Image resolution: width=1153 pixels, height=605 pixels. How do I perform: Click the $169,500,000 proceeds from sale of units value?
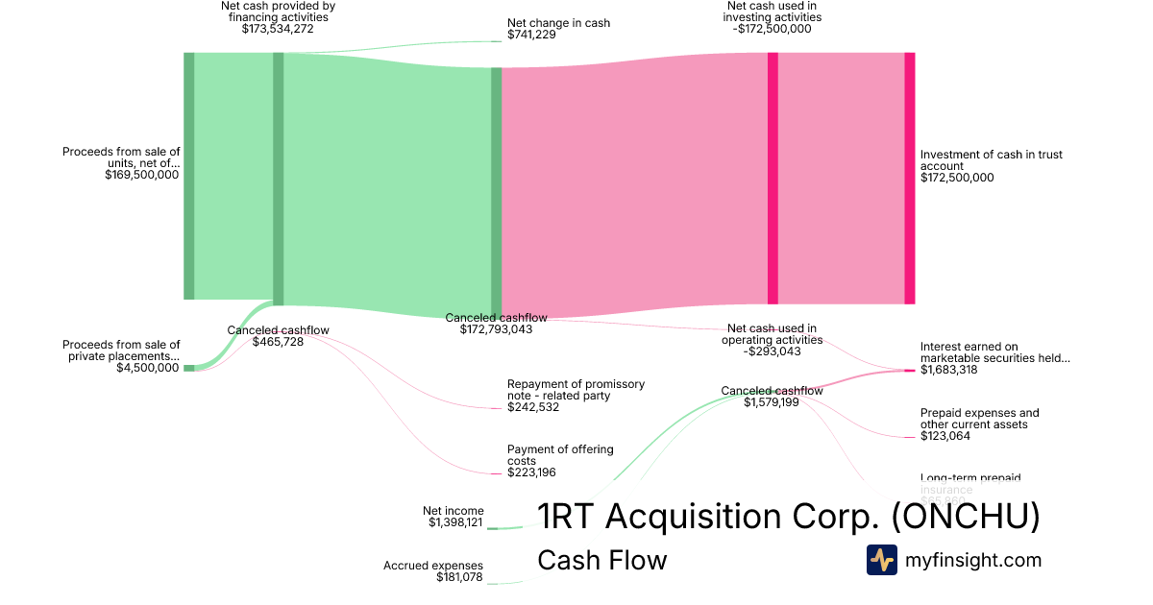(x=141, y=175)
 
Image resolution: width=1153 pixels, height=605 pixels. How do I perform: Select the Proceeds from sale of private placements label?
(x=121, y=351)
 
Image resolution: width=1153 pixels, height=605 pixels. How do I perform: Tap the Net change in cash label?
(x=558, y=23)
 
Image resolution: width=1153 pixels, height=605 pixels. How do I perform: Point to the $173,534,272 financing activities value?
(x=278, y=29)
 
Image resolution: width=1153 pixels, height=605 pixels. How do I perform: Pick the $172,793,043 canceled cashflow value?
(x=496, y=329)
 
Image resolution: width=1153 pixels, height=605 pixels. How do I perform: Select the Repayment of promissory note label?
(x=576, y=389)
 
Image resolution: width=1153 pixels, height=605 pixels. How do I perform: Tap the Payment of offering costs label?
(x=560, y=454)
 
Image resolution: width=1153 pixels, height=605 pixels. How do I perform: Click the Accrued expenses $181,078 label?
(x=433, y=571)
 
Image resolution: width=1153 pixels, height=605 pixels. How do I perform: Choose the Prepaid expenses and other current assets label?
(x=979, y=419)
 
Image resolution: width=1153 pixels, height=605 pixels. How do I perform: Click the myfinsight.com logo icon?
(x=881, y=560)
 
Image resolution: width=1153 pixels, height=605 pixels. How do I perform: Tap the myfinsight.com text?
(x=972, y=560)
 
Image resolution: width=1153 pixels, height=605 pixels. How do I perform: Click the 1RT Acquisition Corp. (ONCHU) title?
(x=788, y=517)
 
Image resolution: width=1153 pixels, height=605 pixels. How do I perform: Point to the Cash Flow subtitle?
(x=601, y=560)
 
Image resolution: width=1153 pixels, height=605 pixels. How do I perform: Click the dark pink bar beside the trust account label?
(x=909, y=178)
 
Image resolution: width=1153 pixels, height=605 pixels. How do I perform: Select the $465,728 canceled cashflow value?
(x=278, y=342)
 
